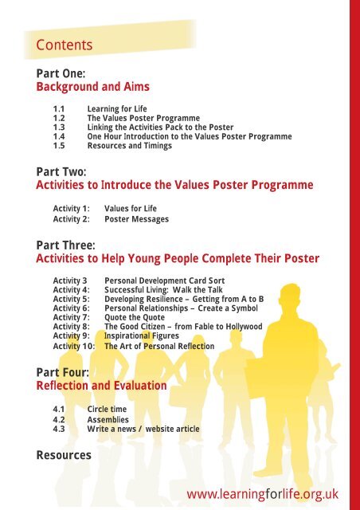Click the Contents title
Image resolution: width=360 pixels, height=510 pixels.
tap(64, 45)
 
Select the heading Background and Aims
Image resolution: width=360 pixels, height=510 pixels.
tap(92, 87)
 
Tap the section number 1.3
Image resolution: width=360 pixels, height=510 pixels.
tap(59, 127)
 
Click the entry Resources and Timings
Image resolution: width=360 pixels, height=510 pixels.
tap(130, 146)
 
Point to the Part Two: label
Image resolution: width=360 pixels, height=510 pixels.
tap(61, 171)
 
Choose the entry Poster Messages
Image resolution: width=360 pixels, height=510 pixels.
tap(136, 219)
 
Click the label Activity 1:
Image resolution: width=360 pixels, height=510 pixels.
tap(71, 209)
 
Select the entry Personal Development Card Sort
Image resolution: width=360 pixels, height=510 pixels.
tap(164, 280)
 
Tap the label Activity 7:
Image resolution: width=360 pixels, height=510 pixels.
tap(71, 317)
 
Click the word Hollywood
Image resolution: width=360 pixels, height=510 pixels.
tap(244, 327)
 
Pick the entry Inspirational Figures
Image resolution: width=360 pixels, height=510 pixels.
tap(142, 336)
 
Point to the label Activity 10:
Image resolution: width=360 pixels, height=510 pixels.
tap(74, 346)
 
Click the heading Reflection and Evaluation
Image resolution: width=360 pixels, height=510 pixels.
tap(101, 386)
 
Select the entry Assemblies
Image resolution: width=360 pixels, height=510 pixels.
tap(108, 420)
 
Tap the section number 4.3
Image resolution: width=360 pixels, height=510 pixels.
tap(59, 429)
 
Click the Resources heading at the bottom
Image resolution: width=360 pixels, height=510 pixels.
tap(64, 455)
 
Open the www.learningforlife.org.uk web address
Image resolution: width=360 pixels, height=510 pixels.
tap(263, 495)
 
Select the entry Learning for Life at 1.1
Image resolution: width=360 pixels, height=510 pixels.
tap(117, 109)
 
